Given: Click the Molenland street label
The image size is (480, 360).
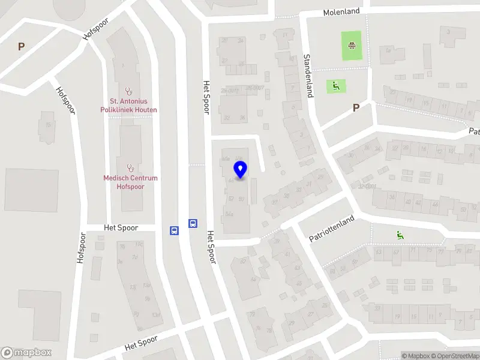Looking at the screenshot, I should [341, 12].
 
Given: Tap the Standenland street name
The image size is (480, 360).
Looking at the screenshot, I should [308, 75].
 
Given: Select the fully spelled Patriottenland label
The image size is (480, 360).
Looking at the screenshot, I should [332, 228].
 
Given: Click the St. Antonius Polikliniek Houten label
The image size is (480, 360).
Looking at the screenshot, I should [128, 106].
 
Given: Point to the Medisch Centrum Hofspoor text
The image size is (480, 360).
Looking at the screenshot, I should [130, 182].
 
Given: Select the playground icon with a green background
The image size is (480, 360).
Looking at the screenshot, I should [335, 86].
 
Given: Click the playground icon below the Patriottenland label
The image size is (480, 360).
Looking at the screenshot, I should [400, 235].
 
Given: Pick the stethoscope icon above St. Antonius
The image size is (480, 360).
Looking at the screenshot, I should [128, 90].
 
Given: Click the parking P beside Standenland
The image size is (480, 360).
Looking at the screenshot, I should [356, 108].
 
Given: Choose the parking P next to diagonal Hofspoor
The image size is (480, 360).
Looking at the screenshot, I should [22, 46].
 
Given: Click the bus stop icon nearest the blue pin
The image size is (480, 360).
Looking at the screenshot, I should [193, 223].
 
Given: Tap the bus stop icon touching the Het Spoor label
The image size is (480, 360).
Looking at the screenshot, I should [174, 229].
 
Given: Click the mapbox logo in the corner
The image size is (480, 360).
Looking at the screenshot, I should [27, 352].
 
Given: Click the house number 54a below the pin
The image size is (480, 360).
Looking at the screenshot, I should [228, 214].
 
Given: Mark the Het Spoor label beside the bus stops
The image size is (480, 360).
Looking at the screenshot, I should [121, 228].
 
